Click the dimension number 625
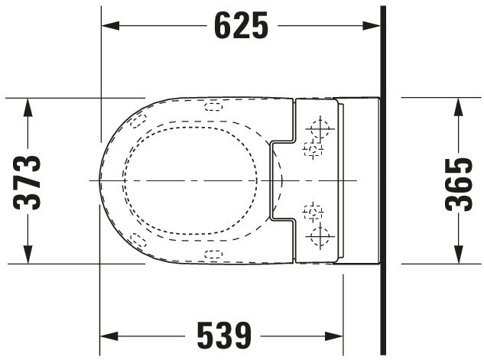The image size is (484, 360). [242, 25]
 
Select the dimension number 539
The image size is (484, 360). [224, 336]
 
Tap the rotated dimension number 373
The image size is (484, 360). [27, 183]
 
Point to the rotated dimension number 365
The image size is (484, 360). [459, 184]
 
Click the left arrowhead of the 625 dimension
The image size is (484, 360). [110, 26]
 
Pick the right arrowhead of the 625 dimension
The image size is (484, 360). [372, 26]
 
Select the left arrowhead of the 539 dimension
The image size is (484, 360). [109, 336]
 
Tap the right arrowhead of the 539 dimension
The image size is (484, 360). [334, 336]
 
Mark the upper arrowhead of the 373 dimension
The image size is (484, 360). [28, 107]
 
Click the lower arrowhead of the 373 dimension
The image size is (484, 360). [28, 255]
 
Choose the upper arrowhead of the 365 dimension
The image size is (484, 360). [459, 107]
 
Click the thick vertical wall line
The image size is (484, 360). [383, 180]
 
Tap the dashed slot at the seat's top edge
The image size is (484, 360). [213, 107]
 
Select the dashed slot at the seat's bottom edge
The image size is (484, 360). [213, 255]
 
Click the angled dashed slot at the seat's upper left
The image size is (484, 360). [138, 121]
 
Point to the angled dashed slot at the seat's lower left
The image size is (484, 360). [138, 240]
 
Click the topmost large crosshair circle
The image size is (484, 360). [320, 128]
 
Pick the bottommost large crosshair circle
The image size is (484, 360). [320, 237]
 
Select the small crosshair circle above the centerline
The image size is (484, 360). [313, 150]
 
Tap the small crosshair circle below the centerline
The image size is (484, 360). [313, 212]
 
